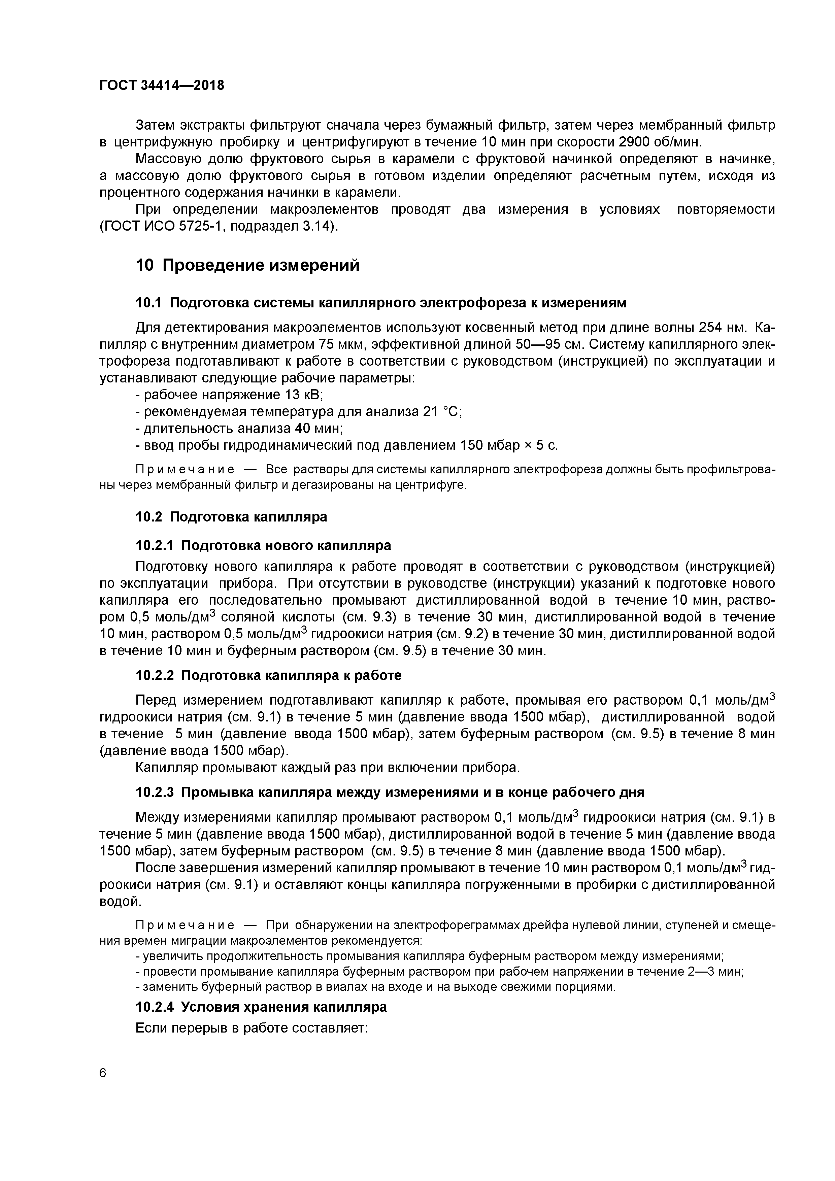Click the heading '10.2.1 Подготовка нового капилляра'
(x=263, y=545)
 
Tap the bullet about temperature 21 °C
(x=298, y=411)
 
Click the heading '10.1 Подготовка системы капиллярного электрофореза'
(x=381, y=303)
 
